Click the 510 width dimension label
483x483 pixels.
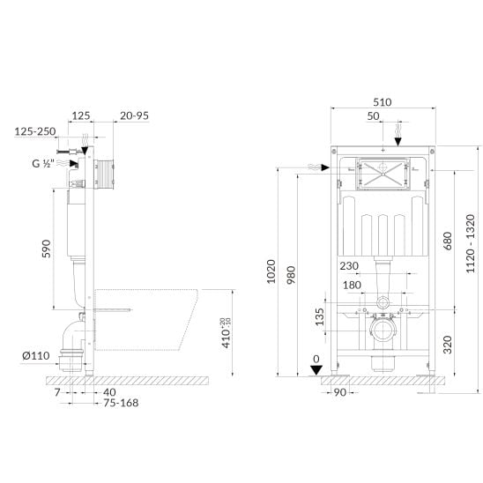pyautogui.click(x=383, y=102)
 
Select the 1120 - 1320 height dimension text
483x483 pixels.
pyautogui.click(x=471, y=243)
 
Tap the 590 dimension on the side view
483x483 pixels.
pyautogui.click(x=46, y=249)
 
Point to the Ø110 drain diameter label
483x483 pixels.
pyautogui.click(x=36, y=356)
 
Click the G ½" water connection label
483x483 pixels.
pyautogui.click(x=43, y=163)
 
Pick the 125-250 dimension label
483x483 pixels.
pyautogui.click(x=35, y=131)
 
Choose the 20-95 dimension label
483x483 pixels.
pyautogui.click(x=134, y=115)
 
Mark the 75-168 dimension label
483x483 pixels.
pyautogui.click(x=121, y=403)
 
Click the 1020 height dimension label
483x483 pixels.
pyautogui.click(x=271, y=271)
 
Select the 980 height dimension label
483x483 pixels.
pyautogui.click(x=291, y=275)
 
